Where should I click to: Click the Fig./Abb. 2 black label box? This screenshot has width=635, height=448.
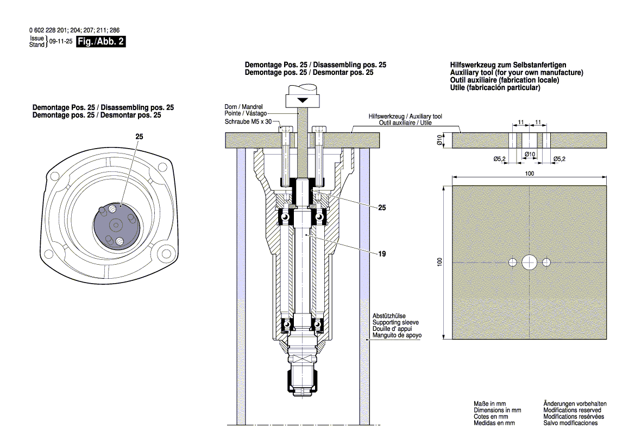tap(101, 42)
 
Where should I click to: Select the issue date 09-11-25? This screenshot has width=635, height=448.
tap(61, 42)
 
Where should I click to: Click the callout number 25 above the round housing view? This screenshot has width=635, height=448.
tap(139, 138)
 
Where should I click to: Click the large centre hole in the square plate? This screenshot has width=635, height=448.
tap(529, 263)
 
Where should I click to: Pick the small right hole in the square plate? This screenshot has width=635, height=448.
tap(546, 263)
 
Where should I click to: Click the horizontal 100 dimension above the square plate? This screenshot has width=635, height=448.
tap(530, 174)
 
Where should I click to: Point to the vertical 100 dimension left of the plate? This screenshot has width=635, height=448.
tap(441, 262)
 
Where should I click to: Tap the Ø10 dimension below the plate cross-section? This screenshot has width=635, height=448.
tap(530, 155)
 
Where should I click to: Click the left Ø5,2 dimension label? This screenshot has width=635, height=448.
tap(500, 159)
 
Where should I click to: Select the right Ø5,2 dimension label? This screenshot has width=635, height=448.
tap(559, 159)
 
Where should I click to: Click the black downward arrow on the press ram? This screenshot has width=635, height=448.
tap(301, 101)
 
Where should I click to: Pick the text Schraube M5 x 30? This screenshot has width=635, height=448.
tap(248, 121)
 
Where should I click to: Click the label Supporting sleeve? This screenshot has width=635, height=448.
tap(395, 322)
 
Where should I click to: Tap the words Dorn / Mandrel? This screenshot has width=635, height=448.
tap(243, 106)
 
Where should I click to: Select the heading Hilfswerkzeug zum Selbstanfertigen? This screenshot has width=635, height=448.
tap(508, 65)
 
